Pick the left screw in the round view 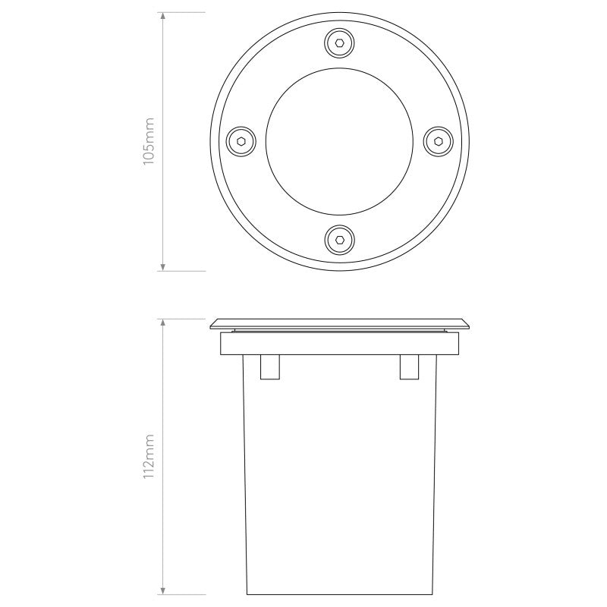pyautogui.click(x=240, y=141)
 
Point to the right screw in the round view pyautogui.click(x=437, y=141)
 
